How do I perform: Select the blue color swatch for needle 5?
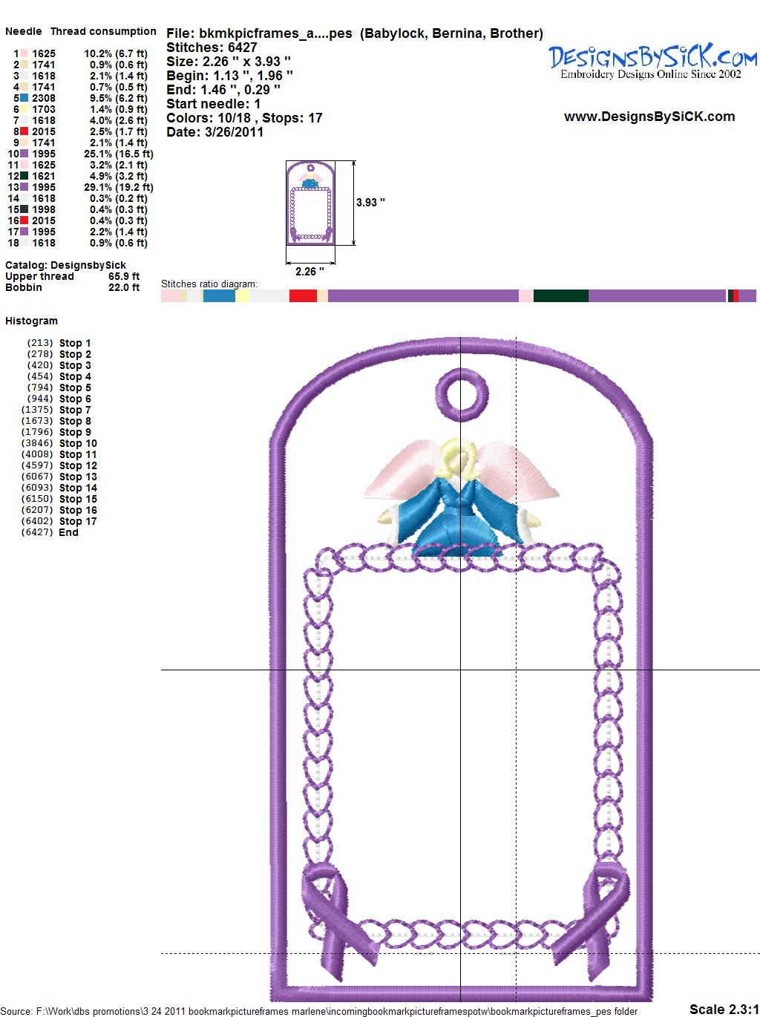(24, 98)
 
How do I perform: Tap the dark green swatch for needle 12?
(24, 176)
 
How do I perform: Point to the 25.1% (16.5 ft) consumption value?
(119, 154)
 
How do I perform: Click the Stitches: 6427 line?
(212, 48)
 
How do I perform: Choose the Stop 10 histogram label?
(78, 443)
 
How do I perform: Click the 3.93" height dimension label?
(370, 203)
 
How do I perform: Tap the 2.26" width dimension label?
(309, 272)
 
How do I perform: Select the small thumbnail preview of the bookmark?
(310, 203)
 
